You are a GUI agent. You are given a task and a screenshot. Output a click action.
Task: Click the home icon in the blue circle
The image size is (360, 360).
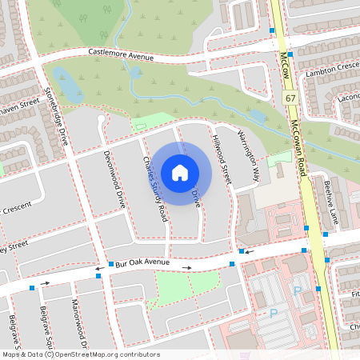click(180, 172)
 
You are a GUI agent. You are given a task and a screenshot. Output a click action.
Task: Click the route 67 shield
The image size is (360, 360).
click(290, 97)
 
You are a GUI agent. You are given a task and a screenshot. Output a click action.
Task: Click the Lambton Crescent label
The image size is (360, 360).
click(332, 73)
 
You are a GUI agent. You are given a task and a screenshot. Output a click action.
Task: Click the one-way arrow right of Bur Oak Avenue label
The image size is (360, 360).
click(186, 267)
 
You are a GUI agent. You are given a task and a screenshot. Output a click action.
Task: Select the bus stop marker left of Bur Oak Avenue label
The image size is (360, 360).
click(110, 263)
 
